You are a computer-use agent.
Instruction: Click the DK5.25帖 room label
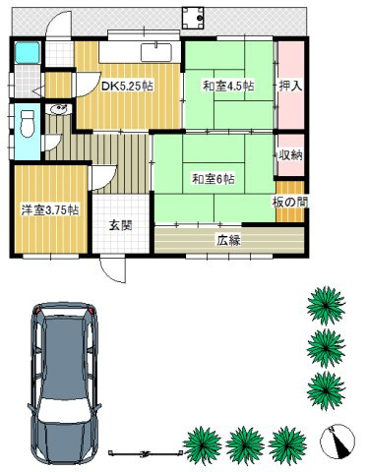pyautogui.click(x=127, y=85)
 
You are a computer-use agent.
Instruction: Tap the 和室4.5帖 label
pyautogui.click(x=227, y=86)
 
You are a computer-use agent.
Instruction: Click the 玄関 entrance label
pyautogui.click(x=121, y=225)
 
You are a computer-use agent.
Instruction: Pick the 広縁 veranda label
pyautogui.click(x=229, y=238)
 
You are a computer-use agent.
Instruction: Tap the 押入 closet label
pyautogui.click(x=290, y=86)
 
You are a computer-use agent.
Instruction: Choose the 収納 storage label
pyautogui.click(x=289, y=153)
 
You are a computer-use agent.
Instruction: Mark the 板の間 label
pyautogui.click(x=289, y=202)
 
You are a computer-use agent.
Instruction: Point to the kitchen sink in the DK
pyautogui.click(x=157, y=52)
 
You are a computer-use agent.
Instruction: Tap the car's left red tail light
pyautogui.click(x=36, y=313)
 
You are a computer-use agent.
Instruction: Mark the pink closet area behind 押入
pyautogui.click(x=290, y=108)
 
